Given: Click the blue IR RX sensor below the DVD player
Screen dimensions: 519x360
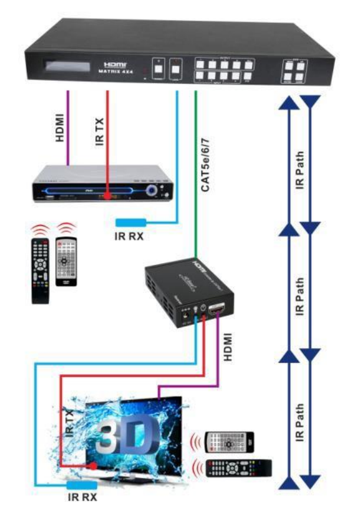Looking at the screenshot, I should pos(130,223).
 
